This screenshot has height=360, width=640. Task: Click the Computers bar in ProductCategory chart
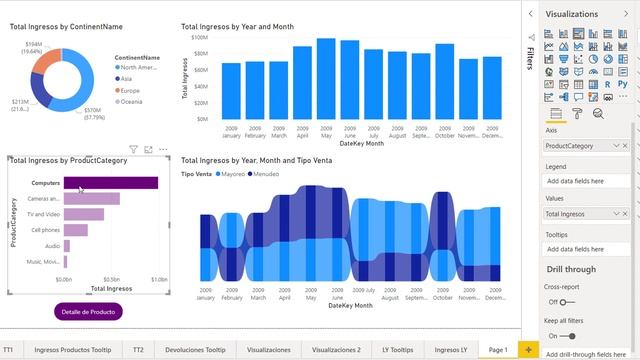[x=110, y=183]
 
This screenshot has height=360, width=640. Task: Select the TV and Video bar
[x=85, y=214]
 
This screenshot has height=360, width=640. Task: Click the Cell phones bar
[x=76, y=230]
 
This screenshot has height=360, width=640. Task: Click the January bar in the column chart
[x=231, y=92]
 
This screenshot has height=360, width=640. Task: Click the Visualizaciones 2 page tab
[x=336, y=350]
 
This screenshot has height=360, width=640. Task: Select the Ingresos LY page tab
[x=451, y=350]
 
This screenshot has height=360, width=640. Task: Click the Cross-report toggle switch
[x=567, y=302]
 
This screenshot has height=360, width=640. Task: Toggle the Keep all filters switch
[x=567, y=337]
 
